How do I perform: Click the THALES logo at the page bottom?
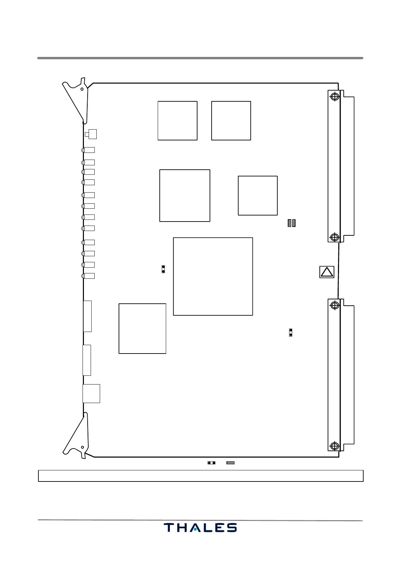click(200, 528)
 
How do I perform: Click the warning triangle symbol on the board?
click(327, 272)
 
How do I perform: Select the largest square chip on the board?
click(213, 276)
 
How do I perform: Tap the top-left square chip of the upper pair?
click(177, 121)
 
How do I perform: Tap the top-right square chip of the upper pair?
click(231, 121)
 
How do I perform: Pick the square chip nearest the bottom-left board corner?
click(142, 329)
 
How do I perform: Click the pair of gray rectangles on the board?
click(291, 223)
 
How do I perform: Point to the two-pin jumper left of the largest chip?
click(163, 269)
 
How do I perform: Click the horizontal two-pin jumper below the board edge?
click(211, 463)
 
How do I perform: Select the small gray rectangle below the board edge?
click(230, 463)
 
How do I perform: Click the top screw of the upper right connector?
click(335, 97)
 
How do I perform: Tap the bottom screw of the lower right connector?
click(335, 446)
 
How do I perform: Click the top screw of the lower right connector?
click(335, 305)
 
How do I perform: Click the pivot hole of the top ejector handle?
click(82, 89)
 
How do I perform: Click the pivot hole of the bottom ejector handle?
click(82, 447)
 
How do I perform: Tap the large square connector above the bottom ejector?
click(91, 394)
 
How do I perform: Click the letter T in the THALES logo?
click(169, 528)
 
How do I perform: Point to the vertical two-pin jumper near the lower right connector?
click(290, 333)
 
